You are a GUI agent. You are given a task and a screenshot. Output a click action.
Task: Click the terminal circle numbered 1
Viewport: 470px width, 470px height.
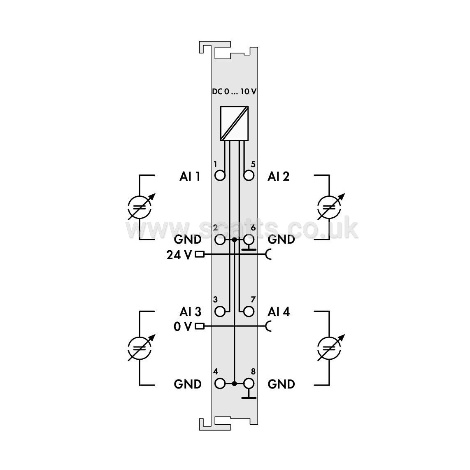(x=220, y=175)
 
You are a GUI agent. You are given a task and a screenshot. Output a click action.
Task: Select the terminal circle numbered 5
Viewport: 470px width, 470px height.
(x=249, y=175)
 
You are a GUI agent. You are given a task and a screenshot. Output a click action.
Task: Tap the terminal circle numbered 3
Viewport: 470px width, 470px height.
(x=220, y=312)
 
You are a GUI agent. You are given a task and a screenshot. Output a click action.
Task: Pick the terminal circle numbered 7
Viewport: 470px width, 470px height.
(x=249, y=312)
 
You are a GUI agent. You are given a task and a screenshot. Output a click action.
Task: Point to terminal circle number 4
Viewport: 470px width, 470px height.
(x=220, y=384)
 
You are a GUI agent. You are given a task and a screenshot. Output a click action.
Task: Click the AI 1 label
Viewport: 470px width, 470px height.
(x=190, y=176)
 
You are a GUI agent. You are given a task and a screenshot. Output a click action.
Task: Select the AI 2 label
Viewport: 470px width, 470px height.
(x=279, y=176)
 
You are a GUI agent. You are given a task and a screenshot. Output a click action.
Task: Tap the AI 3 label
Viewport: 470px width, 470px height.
(x=190, y=312)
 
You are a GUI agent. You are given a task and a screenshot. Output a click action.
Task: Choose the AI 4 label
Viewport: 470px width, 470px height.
(x=279, y=312)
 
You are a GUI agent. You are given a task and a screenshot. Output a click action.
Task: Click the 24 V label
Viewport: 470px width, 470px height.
(x=179, y=255)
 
